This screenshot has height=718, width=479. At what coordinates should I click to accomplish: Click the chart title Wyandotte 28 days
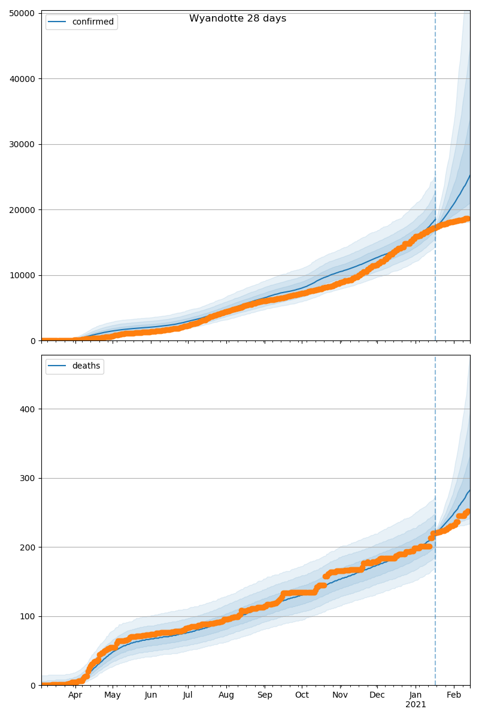[x=238, y=19]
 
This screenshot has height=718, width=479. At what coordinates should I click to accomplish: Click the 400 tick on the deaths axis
[x=28, y=409]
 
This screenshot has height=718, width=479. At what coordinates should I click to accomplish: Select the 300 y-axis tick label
[x=28, y=479]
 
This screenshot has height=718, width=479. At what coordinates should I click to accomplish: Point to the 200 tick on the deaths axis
[x=28, y=547]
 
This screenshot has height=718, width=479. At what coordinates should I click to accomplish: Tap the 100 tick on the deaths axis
[x=28, y=617]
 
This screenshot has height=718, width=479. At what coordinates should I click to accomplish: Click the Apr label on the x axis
[x=75, y=695]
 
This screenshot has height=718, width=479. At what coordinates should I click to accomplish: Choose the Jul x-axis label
[x=187, y=695]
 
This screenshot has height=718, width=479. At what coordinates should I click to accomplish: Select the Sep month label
[x=265, y=695]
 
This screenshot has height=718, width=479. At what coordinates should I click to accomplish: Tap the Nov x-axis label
[x=340, y=695]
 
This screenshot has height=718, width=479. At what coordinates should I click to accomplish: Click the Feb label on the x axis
[x=454, y=695]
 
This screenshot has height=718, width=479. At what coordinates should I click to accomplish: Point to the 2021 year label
[x=416, y=705]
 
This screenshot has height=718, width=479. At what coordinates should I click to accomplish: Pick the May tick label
[x=113, y=695]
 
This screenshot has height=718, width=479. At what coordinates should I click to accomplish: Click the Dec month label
[x=377, y=695]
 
